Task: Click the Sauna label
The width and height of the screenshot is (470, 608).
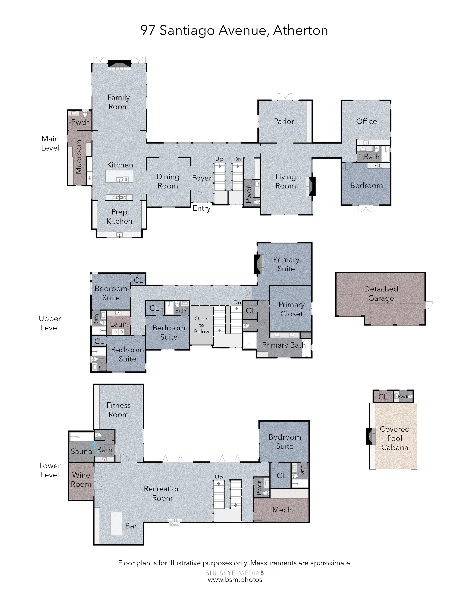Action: [x=81, y=451]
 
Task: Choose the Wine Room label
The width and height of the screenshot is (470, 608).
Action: [x=81, y=479]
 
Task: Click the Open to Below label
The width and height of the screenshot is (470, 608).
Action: [x=202, y=325]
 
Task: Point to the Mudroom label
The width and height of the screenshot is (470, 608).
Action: [x=79, y=157]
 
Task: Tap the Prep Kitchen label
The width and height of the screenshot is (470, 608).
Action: [x=119, y=216]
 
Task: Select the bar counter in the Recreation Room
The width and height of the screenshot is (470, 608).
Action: [x=116, y=524]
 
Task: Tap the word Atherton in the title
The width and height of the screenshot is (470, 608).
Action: [x=300, y=30]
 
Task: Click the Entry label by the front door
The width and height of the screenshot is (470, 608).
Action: [x=202, y=208]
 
